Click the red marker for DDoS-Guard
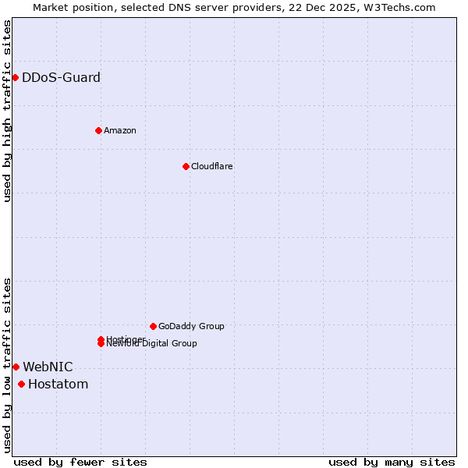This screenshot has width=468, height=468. pyautogui.click(x=15, y=77)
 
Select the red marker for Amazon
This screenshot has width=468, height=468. pyautogui.click(x=98, y=130)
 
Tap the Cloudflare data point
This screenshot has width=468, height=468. pyautogui.click(x=186, y=166)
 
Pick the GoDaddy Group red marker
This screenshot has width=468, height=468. pyautogui.click(x=153, y=326)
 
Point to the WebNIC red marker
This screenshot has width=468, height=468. pyautogui.click(x=16, y=367)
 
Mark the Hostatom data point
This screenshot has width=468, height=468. pyautogui.click(x=21, y=384)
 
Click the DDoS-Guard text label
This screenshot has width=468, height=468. pyautogui.click(x=61, y=77)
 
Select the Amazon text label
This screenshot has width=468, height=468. pyautogui.click(x=120, y=130)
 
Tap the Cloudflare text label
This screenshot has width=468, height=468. pyautogui.click(x=212, y=166)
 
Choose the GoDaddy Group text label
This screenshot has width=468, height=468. pyautogui.click(x=191, y=326)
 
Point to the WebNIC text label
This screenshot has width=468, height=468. pyautogui.click(x=48, y=367)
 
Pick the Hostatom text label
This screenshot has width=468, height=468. pyautogui.click(x=58, y=384)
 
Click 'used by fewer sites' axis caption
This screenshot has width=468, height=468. pyautogui.click(x=80, y=462)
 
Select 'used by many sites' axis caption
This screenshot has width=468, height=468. pyautogui.click(x=392, y=462)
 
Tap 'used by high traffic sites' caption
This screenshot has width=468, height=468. pyautogui.click(x=7, y=111)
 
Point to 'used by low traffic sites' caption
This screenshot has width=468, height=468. pyautogui.click(x=7, y=365)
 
